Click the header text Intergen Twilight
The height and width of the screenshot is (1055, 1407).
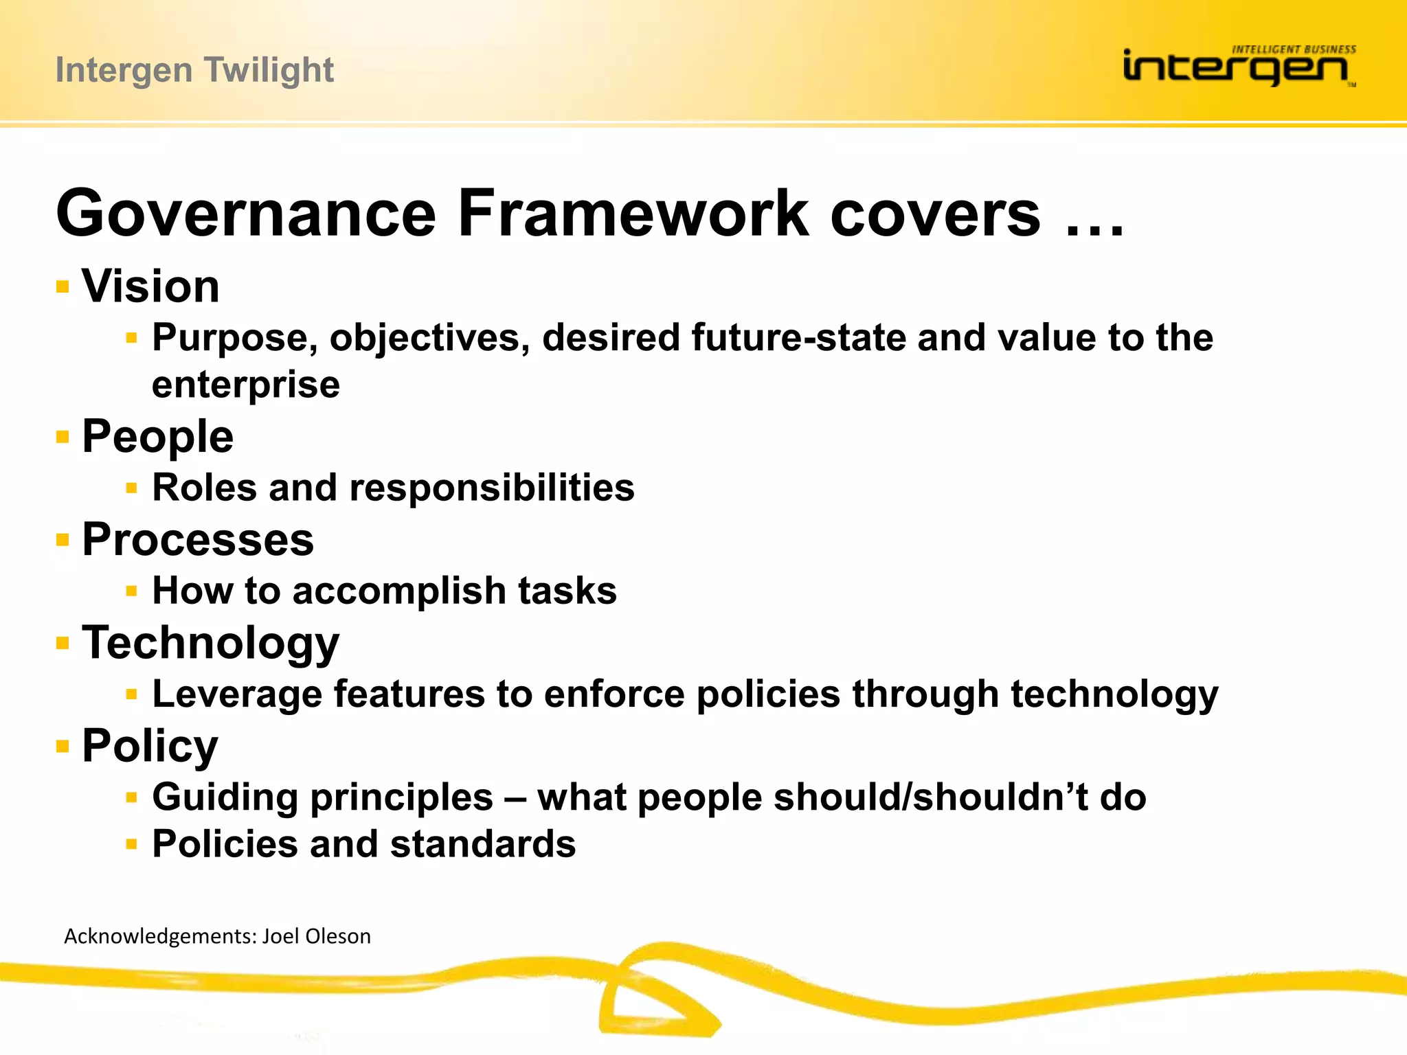point(194,70)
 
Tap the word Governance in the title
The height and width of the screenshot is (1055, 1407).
point(246,214)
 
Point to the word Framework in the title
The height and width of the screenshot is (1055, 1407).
point(633,214)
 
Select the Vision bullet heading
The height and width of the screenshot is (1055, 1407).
point(150,286)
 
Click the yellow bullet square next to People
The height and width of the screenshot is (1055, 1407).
point(63,437)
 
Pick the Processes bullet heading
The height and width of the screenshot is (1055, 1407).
point(198,540)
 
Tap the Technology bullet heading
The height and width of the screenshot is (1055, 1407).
point(210,644)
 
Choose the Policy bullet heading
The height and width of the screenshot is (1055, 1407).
point(150,746)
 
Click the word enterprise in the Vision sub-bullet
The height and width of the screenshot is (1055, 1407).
point(245,385)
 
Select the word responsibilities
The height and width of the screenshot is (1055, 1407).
point(492,488)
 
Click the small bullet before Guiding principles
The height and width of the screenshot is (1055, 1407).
point(132,797)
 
